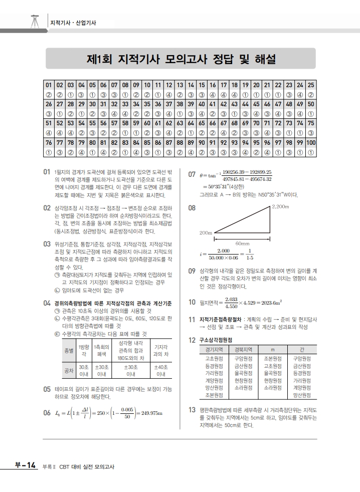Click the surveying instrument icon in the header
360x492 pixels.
pos(35,22)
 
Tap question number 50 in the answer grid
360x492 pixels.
pos(311,104)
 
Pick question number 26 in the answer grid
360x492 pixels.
pos(49,104)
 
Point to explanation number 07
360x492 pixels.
pos(192,175)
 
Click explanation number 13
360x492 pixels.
pos(192,410)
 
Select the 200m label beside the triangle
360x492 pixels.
pos(206,232)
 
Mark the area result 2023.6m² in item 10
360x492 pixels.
pos(268,302)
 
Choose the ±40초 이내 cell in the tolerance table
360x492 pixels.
pos(161,371)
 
